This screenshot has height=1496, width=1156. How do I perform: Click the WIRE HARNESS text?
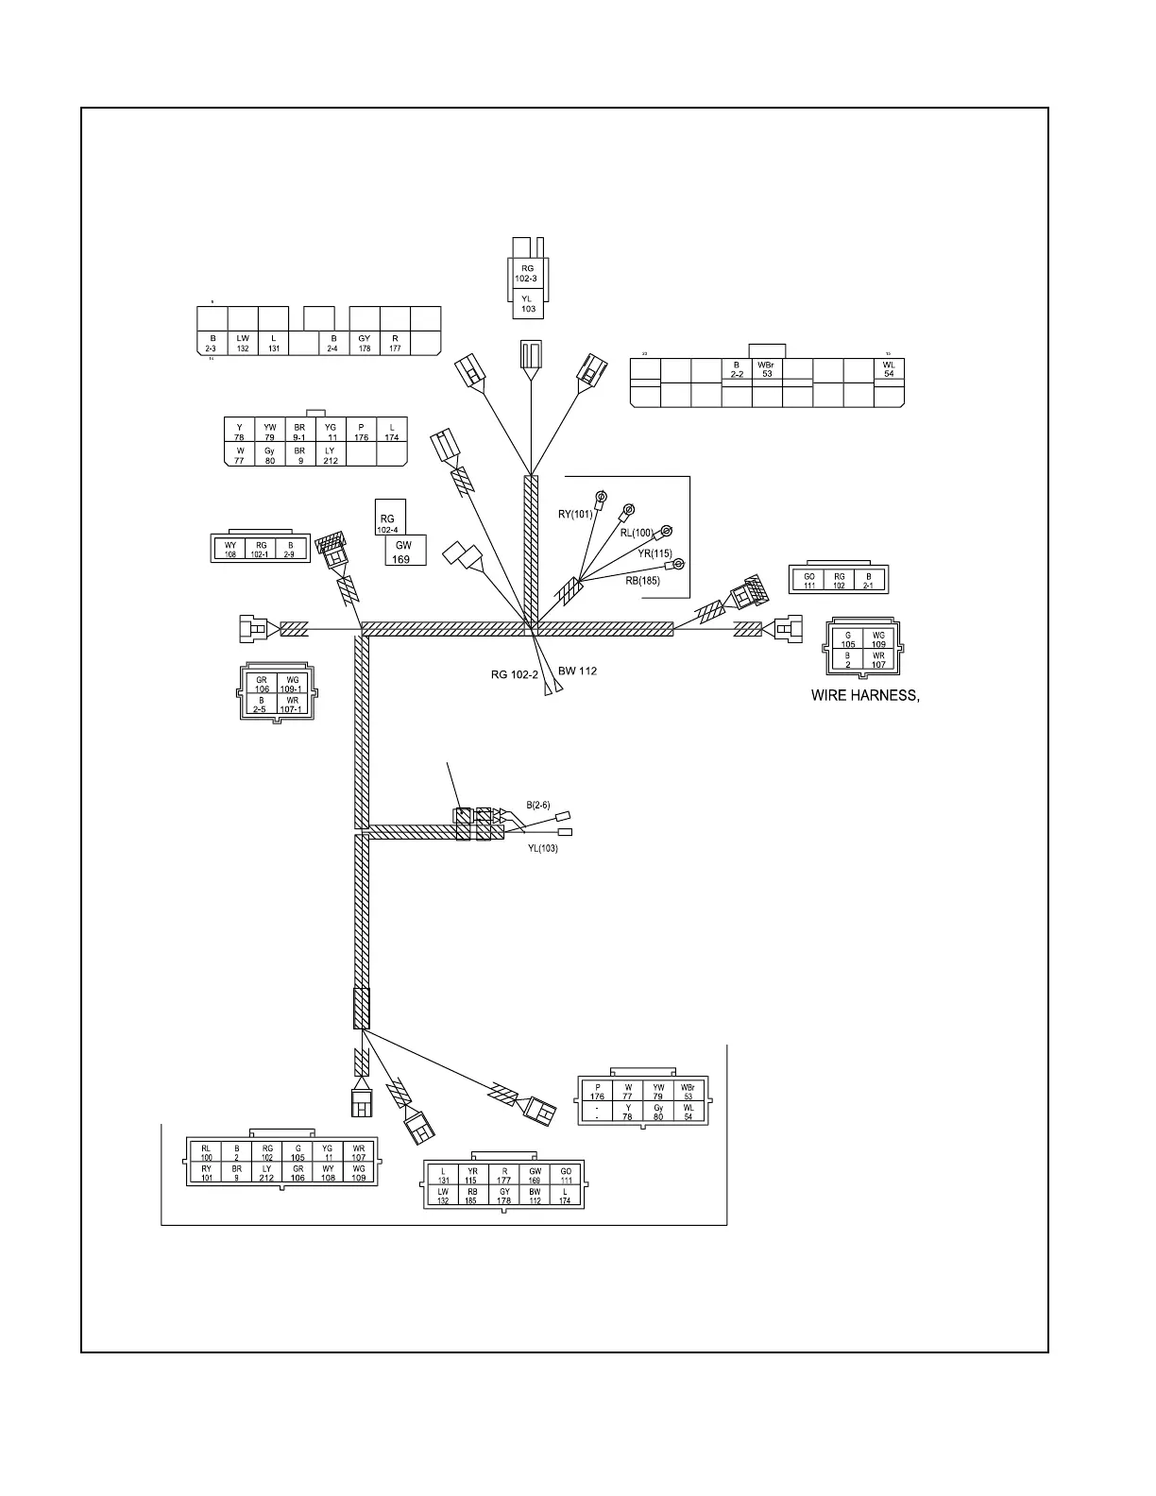tap(865, 696)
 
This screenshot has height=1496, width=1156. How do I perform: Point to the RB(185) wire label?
tap(642, 581)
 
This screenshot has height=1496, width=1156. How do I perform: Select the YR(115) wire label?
tap(654, 553)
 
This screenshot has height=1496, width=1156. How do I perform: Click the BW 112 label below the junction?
tap(577, 671)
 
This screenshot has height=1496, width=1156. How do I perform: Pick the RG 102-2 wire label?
tap(515, 674)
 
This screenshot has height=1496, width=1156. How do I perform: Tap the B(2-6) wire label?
tap(537, 805)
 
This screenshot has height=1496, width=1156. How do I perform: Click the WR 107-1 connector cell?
tap(293, 705)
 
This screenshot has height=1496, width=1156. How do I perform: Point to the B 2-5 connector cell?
tap(262, 705)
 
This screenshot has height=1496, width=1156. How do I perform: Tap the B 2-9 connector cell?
tap(291, 550)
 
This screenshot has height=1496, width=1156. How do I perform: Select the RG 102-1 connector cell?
tap(261, 550)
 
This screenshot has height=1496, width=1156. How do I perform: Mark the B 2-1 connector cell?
tap(869, 580)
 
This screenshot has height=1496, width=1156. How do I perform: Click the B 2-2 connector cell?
tap(737, 369)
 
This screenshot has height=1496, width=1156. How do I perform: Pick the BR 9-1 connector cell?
tap(299, 432)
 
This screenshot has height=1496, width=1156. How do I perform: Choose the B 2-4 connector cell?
tap(333, 343)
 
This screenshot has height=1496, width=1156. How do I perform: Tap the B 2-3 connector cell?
tap(212, 343)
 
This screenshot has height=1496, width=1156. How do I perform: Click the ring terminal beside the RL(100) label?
tap(666, 531)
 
